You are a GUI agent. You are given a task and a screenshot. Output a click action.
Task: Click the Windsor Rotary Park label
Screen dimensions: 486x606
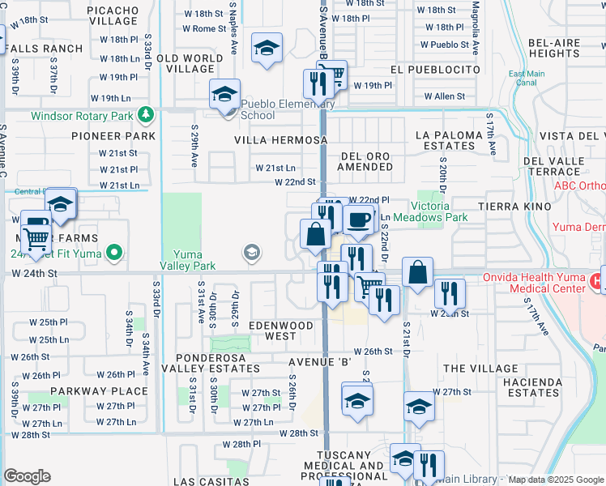coord(81,116)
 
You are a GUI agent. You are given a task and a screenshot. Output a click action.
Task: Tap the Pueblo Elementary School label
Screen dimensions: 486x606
coord(287,109)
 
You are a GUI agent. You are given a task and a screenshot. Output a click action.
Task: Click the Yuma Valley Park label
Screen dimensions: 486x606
coord(193,260)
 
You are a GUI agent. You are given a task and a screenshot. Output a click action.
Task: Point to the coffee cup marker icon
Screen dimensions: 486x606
coord(358,219)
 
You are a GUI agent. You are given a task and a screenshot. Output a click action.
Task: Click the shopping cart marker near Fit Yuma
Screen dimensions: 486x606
coord(36,238)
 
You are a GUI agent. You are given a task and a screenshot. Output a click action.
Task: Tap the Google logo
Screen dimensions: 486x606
coord(27,476)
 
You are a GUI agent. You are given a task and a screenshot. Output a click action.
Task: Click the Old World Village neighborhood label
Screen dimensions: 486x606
coord(190,63)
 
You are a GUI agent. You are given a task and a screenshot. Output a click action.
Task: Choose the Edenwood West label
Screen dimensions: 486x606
coord(281,330)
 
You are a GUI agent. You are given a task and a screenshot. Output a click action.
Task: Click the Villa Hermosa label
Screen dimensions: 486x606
coord(280,139)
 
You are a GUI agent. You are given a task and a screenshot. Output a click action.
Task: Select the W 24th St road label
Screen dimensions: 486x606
coord(35,274)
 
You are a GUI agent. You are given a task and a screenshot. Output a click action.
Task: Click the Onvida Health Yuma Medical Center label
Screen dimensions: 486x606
coord(534,283)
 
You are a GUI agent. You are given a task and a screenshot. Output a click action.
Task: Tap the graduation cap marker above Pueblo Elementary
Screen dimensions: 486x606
coord(224,95)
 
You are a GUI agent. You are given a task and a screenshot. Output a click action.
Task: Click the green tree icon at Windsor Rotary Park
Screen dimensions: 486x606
coord(145,116)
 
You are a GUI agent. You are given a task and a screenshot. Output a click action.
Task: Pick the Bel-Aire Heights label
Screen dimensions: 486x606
coord(553,48)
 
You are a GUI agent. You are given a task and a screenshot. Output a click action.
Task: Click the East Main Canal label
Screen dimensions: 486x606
coord(526,79)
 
